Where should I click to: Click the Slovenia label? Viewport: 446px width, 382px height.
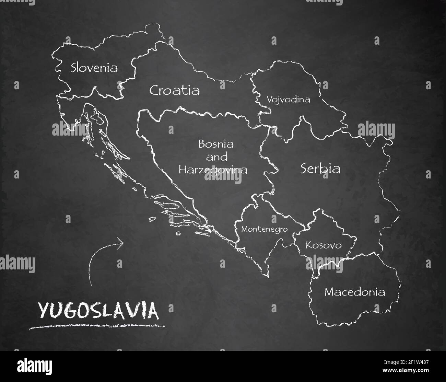click(94, 68)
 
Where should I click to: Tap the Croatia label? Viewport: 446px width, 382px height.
click(174, 90)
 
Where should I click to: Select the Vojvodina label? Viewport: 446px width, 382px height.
click(288, 100)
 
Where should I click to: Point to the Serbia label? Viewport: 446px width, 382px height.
click(320, 169)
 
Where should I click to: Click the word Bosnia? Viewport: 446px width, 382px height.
click(216, 144)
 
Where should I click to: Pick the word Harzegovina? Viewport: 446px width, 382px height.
click(213, 170)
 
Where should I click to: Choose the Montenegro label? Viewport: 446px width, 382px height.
click(264, 229)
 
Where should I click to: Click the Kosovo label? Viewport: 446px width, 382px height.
click(324, 245)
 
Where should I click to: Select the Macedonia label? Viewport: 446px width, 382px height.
click(355, 292)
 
